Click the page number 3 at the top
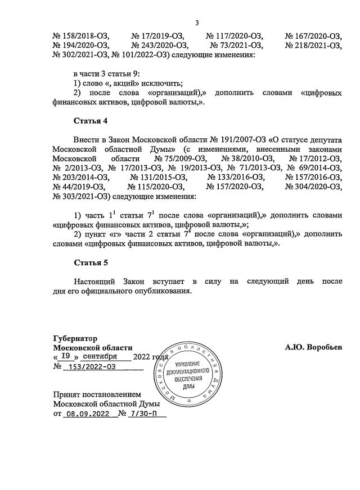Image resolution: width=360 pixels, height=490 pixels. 197,23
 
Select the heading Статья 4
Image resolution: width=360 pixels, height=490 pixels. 90,121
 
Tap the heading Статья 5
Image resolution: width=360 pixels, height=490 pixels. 90,262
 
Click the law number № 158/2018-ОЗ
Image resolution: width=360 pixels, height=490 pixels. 81,35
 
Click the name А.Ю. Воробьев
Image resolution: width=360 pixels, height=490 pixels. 313,347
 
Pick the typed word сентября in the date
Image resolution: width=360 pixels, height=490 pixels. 99,357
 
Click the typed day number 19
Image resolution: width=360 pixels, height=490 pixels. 66,357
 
